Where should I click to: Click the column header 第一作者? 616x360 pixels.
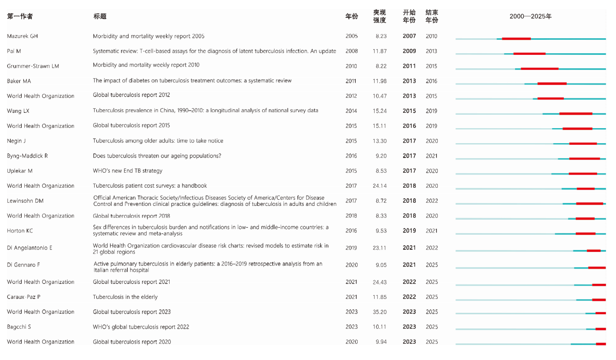20,17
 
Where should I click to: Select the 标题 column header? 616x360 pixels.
100,17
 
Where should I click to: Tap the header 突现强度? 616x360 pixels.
379,17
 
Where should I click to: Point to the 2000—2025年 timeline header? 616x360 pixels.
530,17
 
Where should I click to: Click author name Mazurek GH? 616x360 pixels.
22,36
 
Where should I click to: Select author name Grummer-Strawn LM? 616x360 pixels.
33,66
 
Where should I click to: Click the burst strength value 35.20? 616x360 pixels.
379,312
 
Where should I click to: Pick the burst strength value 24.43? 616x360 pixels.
379,282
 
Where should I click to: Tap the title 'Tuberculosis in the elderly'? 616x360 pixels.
125,297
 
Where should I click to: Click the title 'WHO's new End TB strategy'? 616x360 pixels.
127,171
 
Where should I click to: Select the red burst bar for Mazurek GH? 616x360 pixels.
516,39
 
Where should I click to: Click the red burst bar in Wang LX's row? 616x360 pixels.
575,114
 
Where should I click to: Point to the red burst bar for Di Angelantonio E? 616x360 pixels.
594,251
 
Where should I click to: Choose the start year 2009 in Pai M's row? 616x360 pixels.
409,51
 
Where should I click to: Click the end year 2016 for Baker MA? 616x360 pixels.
431,81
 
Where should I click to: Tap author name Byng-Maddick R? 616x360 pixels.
27,156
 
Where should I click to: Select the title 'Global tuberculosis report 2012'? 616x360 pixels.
131,95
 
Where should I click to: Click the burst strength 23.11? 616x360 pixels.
379,248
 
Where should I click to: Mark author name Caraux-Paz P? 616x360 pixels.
24,297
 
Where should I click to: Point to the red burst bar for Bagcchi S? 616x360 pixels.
601,329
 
